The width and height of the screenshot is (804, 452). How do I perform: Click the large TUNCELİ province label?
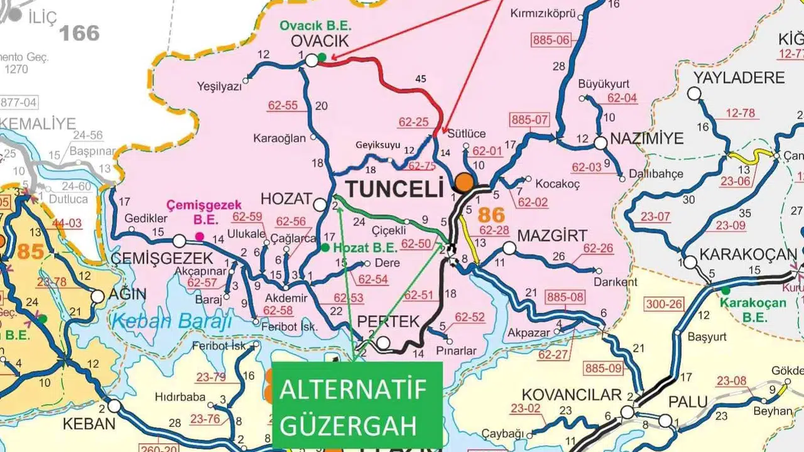394,188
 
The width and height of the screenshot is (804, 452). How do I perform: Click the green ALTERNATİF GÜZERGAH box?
357,406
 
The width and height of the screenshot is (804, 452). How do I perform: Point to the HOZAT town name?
286,199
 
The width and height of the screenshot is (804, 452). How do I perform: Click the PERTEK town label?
388,322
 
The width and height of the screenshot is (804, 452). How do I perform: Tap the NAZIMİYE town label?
647,139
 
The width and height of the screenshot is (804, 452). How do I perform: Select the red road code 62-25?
413,122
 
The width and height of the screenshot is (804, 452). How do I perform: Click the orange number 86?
491,215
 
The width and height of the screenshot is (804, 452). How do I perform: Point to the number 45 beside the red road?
421,79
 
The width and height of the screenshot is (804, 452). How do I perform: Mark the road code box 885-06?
551,40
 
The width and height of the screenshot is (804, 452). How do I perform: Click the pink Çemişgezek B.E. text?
192,212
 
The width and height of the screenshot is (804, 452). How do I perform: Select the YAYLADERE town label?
739,78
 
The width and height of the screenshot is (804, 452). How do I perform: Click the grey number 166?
80,32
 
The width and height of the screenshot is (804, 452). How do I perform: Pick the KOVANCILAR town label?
572,395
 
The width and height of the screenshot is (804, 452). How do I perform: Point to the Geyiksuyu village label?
378,144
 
